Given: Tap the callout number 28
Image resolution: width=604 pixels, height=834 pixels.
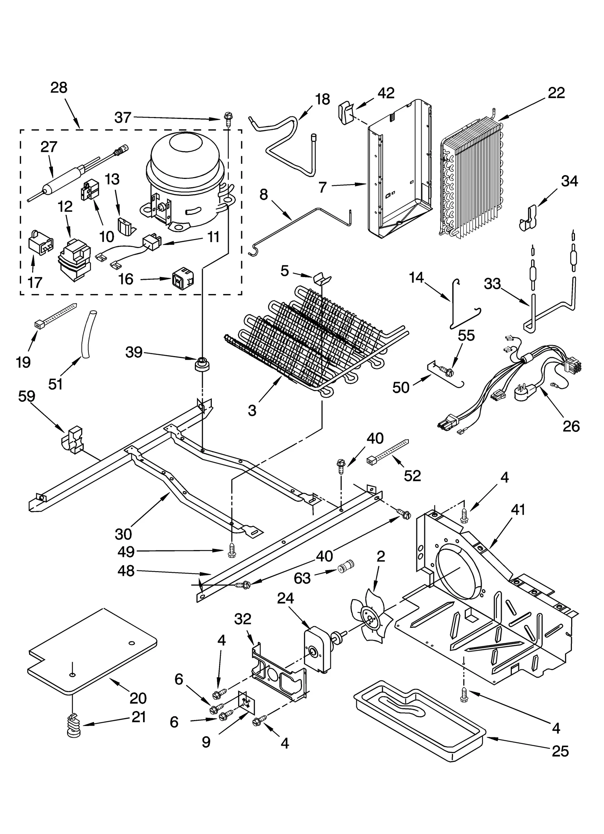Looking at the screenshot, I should click(x=59, y=88).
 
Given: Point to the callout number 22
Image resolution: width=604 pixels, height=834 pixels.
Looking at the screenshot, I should click(x=556, y=92).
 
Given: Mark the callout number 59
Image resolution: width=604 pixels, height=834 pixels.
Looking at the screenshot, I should click(x=26, y=396).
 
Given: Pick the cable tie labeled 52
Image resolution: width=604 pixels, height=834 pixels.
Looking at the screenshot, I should click(x=387, y=452).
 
